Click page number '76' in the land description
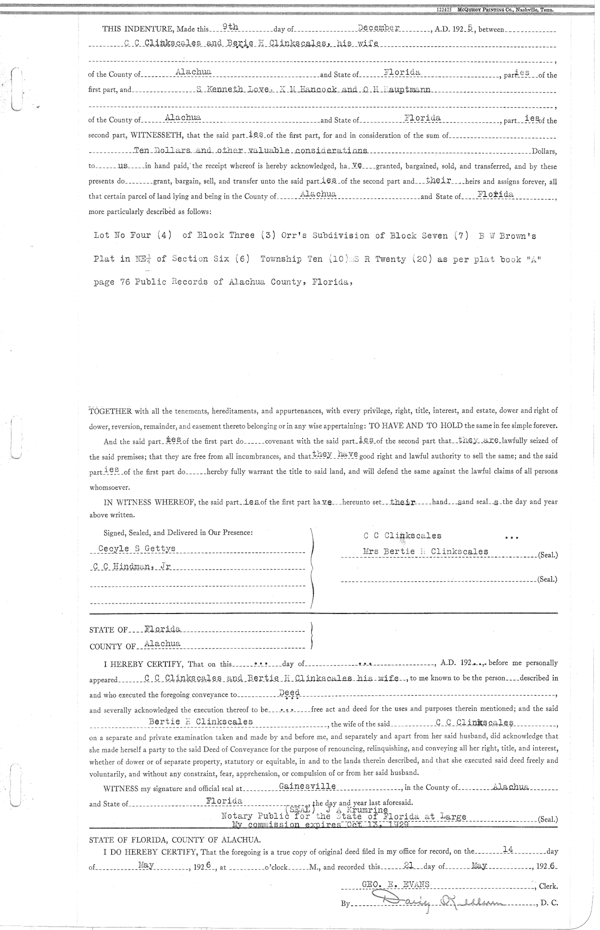(125, 281)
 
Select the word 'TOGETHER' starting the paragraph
(110, 411)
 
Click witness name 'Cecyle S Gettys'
(136, 548)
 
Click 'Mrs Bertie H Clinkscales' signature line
(425, 551)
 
